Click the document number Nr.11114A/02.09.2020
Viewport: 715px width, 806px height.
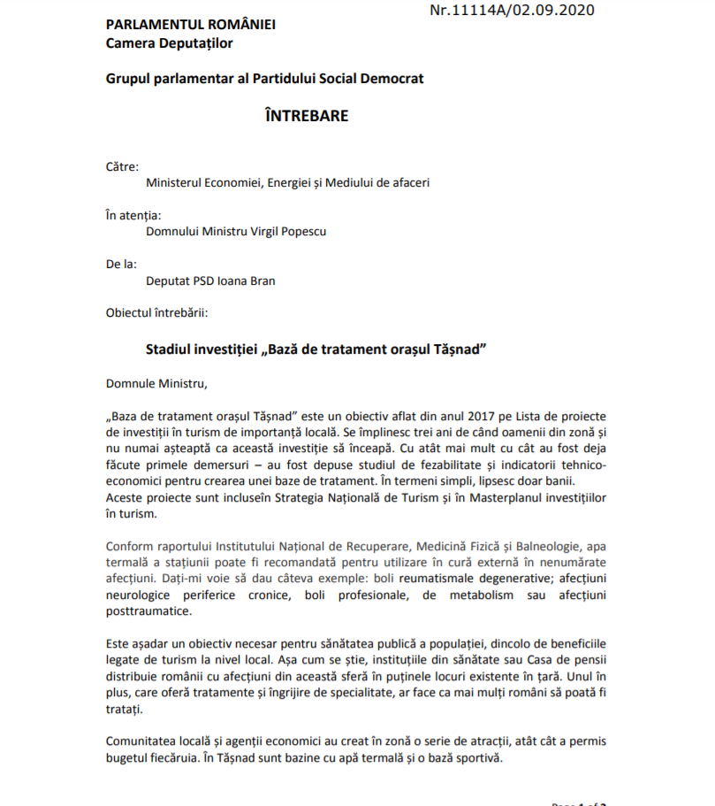[x=512, y=11]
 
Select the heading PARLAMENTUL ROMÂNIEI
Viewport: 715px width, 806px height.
[x=190, y=24]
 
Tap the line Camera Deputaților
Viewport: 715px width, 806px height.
[x=169, y=42]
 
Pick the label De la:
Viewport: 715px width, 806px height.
[x=120, y=263]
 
